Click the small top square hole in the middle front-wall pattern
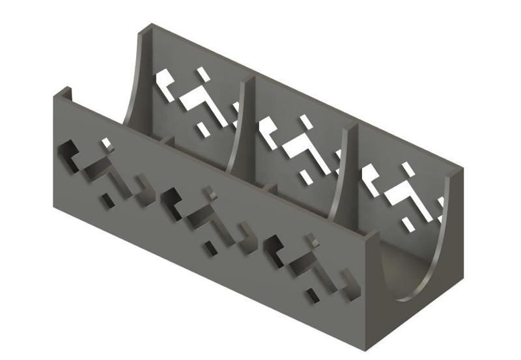click(x=210, y=191)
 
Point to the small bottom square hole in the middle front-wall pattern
click(x=210, y=248)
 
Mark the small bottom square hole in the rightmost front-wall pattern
click(x=314, y=296)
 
